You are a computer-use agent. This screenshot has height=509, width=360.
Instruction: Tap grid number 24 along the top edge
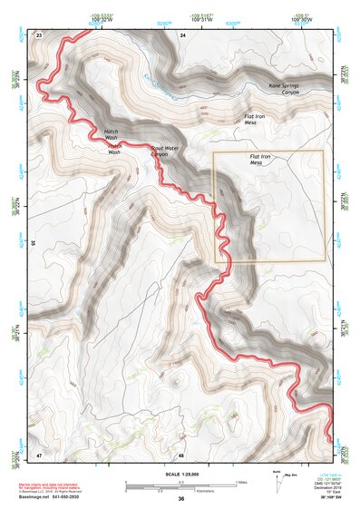182,34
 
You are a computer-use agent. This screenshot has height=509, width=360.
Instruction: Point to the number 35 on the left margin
34,243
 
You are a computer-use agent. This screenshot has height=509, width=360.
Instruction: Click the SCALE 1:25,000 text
180,474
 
